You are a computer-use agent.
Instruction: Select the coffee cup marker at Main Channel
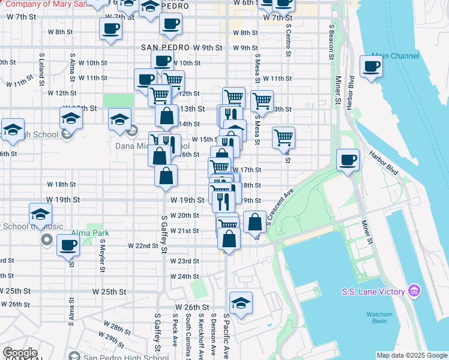click(x=371, y=67)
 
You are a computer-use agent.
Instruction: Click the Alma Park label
click(x=80, y=233)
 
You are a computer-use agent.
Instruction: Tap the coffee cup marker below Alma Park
click(x=68, y=245)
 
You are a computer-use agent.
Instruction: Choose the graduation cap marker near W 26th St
click(x=241, y=302)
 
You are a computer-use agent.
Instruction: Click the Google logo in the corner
click(x=20, y=353)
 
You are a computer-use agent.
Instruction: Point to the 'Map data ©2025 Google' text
click(x=412, y=355)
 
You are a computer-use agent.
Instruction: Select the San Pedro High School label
click(x=118, y=358)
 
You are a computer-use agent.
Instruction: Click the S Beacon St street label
click(x=331, y=42)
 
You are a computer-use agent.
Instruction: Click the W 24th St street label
click(x=184, y=277)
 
